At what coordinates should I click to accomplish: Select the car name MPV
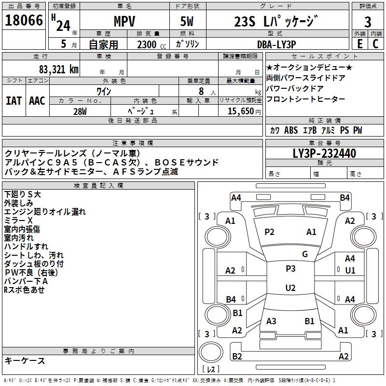(x=124, y=22)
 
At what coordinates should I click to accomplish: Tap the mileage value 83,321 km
(x=58, y=69)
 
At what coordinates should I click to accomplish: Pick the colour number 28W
(x=80, y=111)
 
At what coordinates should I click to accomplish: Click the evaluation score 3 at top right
(x=368, y=22)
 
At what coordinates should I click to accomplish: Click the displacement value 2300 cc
(x=147, y=45)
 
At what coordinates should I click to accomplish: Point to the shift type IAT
(x=14, y=100)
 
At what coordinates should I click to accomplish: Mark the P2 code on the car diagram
(x=269, y=232)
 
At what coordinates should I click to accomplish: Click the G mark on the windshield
(x=304, y=254)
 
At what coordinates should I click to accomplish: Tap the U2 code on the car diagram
(x=290, y=288)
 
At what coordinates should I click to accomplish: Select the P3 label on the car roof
(x=290, y=269)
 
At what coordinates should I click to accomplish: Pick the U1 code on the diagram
(x=350, y=271)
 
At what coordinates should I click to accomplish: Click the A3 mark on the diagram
(x=271, y=321)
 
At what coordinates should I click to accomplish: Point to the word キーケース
(x=25, y=360)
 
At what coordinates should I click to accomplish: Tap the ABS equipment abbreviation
(x=291, y=130)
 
